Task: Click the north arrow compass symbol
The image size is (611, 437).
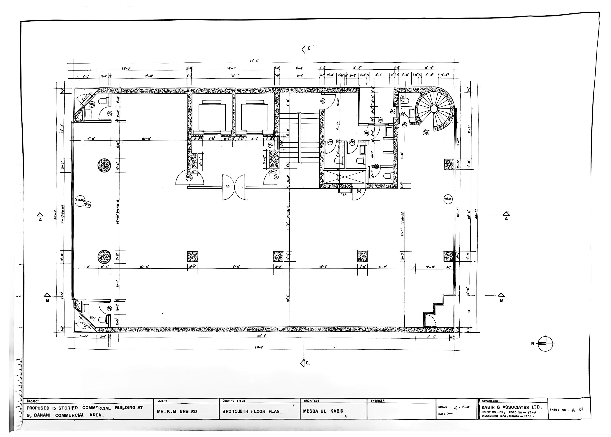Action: (x=546, y=344)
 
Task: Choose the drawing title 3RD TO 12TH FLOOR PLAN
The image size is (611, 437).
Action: (x=251, y=411)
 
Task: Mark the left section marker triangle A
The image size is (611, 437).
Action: (x=40, y=215)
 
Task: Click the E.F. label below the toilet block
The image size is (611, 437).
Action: (x=345, y=194)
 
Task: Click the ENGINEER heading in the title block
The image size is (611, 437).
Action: (x=378, y=401)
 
